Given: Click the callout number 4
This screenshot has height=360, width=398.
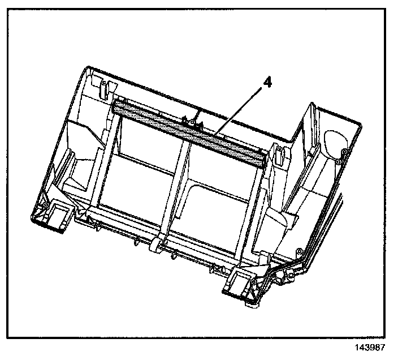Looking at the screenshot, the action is (x=267, y=83).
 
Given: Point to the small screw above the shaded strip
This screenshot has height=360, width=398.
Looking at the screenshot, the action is (x=193, y=121).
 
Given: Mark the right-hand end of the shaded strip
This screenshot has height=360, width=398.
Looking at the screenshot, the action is (x=261, y=159).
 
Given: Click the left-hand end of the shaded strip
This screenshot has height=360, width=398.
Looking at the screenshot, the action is (x=117, y=105).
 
